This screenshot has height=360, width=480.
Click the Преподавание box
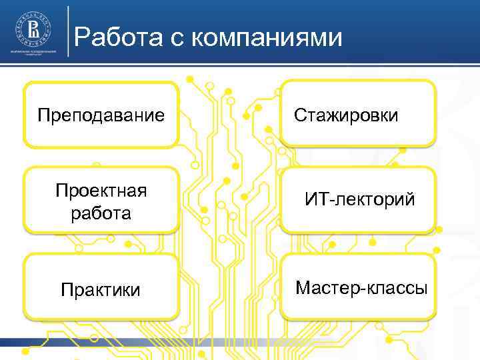[101, 114]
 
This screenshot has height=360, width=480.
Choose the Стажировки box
[357, 113]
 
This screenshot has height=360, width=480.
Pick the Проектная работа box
[101, 200]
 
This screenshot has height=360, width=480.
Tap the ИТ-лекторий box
[359, 199]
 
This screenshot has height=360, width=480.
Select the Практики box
[101, 287]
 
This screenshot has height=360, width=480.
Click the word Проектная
[101, 192]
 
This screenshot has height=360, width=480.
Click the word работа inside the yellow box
[101, 214]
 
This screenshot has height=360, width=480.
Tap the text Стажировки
[346, 115]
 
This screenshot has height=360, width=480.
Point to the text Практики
[101, 290]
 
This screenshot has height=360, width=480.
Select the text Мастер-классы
[361, 288]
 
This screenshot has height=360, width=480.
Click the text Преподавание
[101, 115]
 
